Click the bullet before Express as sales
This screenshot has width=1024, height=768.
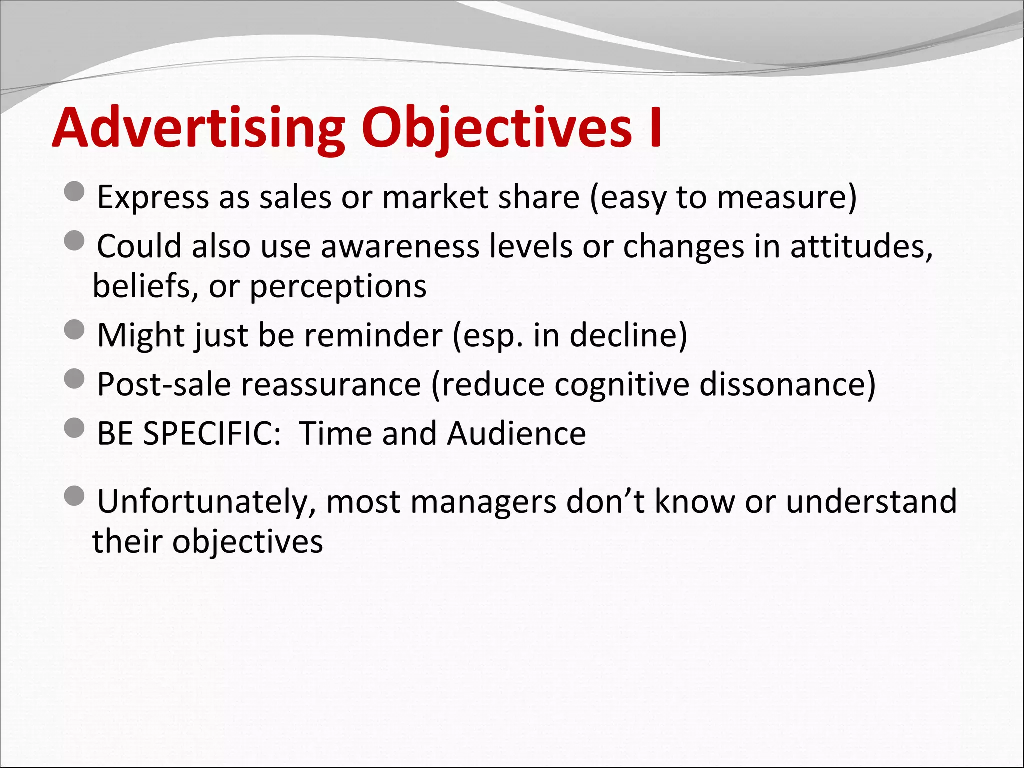(x=74, y=191)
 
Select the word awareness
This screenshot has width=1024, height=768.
(x=399, y=246)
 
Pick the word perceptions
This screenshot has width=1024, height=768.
(x=338, y=287)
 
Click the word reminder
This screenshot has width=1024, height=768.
(x=373, y=335)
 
